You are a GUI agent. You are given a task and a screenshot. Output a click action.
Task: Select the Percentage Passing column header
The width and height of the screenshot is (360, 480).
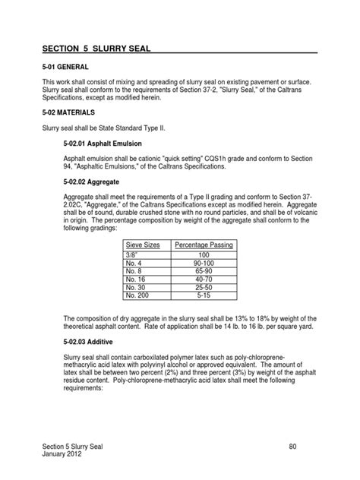[204, 245]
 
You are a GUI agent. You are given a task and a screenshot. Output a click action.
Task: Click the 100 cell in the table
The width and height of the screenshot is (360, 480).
[204, 254]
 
